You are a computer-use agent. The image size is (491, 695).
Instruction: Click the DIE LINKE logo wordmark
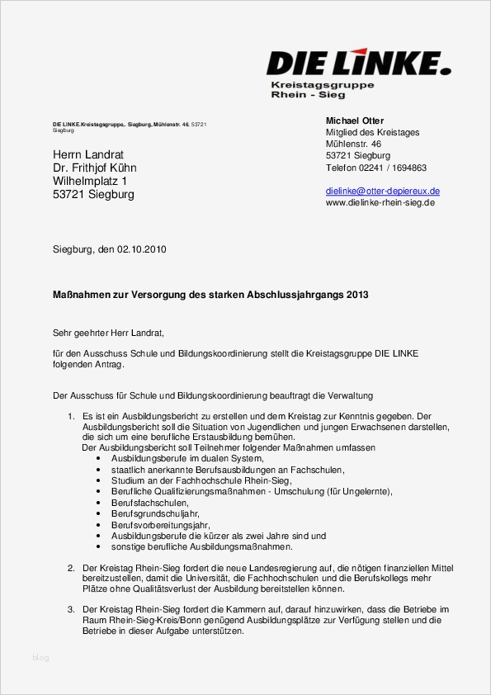coord(358,63)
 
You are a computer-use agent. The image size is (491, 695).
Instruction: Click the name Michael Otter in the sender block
coord(355,121)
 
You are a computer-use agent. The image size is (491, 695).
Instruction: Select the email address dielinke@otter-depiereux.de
coord(382,191)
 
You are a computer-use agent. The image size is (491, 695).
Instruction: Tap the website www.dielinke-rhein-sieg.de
coord(380,202)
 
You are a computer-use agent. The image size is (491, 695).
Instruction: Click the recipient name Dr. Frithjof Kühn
coord(95,168)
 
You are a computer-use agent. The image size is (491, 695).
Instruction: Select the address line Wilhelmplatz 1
coord(91,182)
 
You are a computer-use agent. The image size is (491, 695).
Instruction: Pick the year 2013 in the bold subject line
coord(357,295)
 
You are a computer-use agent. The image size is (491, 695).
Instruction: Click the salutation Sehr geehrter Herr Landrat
coord(108,333)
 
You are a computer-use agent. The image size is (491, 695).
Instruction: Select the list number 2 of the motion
coord(71,569)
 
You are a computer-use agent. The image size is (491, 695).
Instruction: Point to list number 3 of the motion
coord(71,609)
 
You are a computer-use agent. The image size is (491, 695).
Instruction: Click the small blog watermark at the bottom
coord(40,658)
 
